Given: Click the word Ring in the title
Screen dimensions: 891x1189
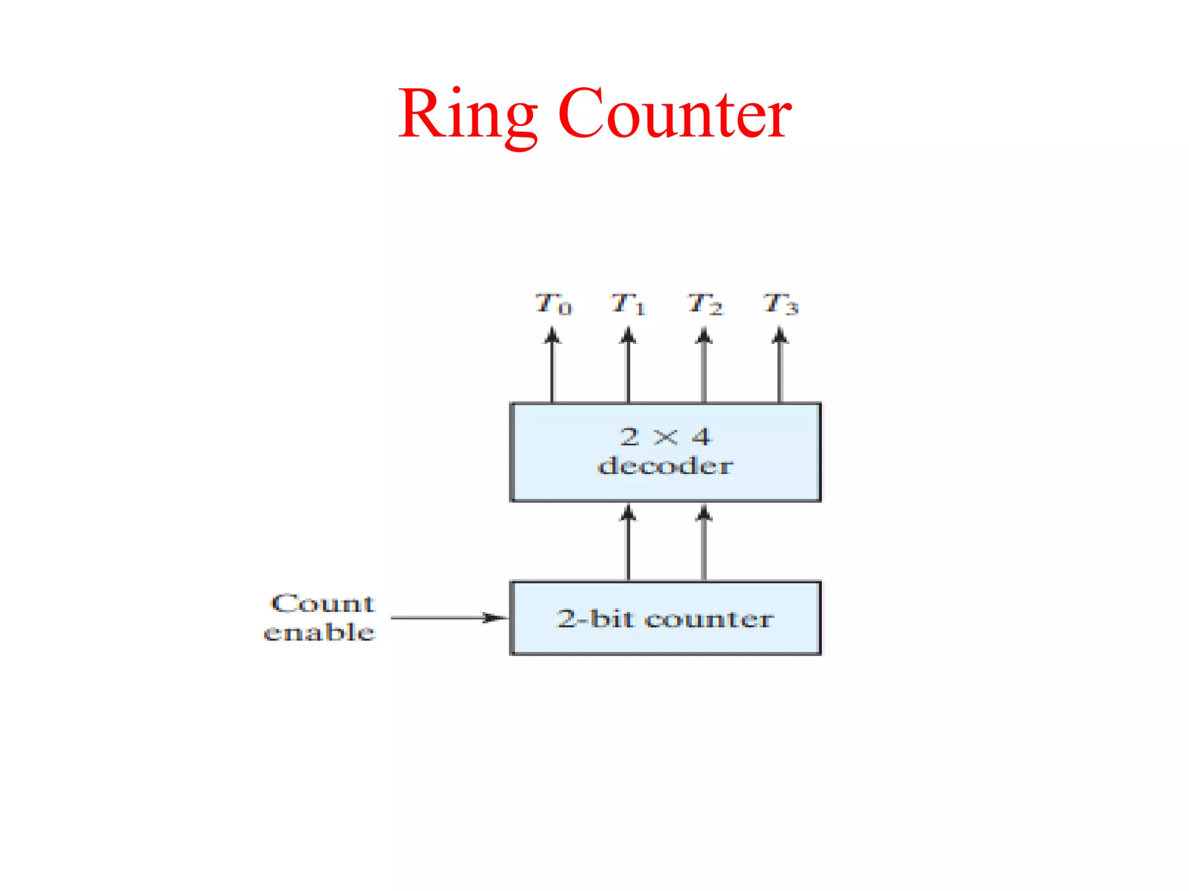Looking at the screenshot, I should point(467,114).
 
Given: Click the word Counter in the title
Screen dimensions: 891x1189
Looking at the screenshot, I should point(675,114).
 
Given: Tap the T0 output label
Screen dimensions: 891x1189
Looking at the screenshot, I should point(553,304).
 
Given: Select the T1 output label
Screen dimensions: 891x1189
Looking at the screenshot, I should point(628,304).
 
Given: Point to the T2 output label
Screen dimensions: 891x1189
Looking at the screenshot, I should point(704,304).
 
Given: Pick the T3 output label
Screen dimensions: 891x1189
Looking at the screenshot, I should point(780,304).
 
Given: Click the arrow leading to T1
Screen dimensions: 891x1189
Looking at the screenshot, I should point(628,365).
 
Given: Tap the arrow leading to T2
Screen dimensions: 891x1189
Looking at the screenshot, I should point(704,365).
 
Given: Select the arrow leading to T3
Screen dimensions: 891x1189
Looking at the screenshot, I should point(780,365).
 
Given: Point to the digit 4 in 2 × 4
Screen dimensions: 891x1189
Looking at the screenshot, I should point(701,437).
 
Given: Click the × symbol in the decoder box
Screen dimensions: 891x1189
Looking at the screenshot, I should point(665,437).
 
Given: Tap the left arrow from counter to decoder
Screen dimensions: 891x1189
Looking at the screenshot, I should point(628,542).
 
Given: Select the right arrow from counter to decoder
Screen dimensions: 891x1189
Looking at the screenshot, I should point(704,542).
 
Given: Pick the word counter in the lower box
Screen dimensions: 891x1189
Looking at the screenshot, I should point(709,620).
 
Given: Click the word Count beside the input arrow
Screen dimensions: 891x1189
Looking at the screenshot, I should point(323,604).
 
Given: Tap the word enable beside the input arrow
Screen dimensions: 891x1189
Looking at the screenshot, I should point(319,632).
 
